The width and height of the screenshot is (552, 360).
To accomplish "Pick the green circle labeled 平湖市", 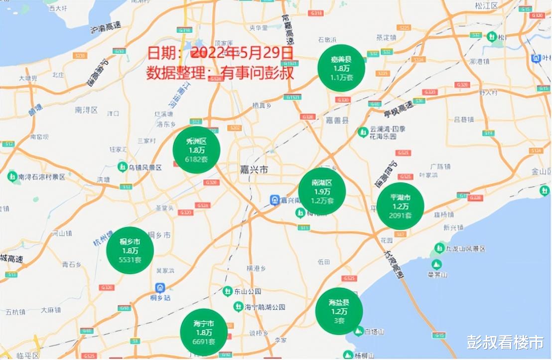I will point(400,206).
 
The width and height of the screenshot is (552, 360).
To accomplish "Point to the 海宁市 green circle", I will point(204,332).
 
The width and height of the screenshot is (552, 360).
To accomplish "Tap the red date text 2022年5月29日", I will point(242,52).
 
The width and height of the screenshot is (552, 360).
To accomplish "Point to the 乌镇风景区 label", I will point(145,168).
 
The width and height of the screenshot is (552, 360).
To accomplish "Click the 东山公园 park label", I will point(248,291).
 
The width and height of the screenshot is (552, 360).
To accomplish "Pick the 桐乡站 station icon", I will point(160,288).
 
